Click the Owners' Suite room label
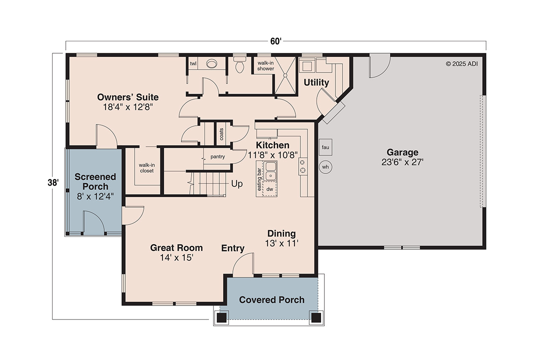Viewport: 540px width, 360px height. click(128, 97)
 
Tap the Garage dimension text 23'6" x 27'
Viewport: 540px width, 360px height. click(402, 162)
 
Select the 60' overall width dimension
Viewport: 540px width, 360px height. click(275, 41)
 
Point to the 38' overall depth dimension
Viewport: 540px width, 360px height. click(53, 183)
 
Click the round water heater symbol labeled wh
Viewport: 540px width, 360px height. click(325, 167)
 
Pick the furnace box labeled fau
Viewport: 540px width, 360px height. click(325, 147)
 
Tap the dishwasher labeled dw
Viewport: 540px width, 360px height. click(270, 189)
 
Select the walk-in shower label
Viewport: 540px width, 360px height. click(266, 65)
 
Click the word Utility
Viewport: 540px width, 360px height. click(316, 83)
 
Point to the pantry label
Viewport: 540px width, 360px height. click(218, 157)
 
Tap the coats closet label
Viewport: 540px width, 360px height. click(221, 133)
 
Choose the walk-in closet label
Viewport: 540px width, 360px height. click(146, 168)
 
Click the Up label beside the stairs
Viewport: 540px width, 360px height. click(237, 184)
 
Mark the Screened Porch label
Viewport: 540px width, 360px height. click(95, 181)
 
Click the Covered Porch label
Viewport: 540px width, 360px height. click(272, 300)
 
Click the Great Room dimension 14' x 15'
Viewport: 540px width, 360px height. click(176, 258)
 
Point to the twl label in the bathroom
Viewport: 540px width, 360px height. click(193, 64)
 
